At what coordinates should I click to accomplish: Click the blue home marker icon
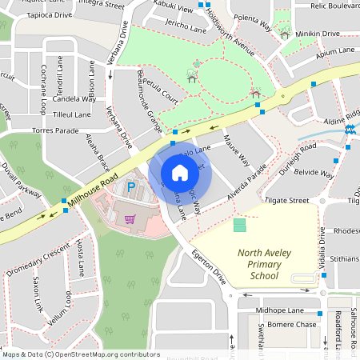[180, 173]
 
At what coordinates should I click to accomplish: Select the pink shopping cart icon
[129, 218]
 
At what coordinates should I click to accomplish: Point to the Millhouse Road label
[93, 191]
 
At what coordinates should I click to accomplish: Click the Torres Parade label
[54, 130]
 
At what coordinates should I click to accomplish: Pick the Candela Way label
[74, 99]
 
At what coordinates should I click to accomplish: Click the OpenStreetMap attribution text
[81, 354]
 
